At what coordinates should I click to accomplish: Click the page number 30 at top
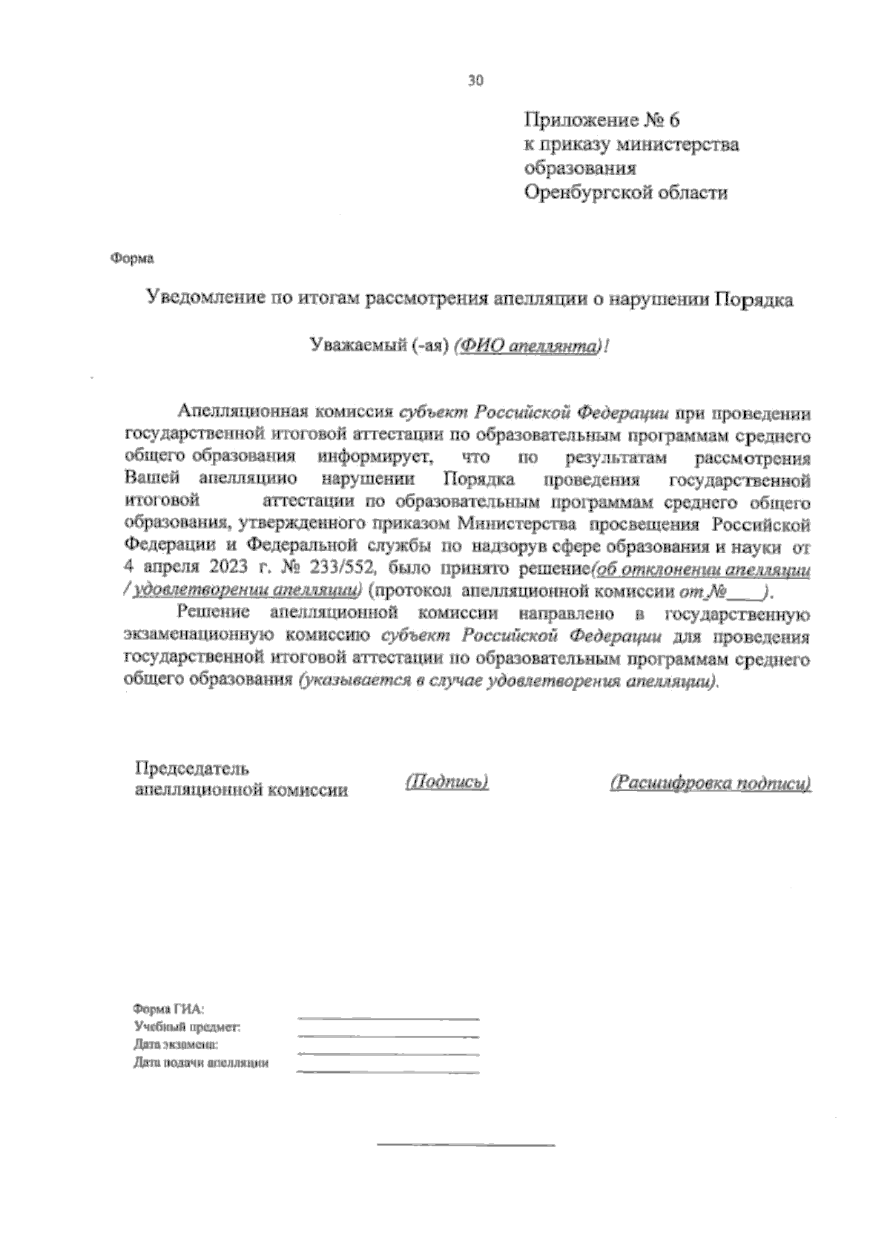(x=475, y=81)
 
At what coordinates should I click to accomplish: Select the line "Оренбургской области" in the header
(x=626, y=194)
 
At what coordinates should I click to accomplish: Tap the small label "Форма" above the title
(x=133, y=259)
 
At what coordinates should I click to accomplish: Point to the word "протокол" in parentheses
(x=415, y=592)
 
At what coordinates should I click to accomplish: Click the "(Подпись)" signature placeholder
(x=446, y=782)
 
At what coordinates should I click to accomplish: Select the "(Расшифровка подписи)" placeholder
(x=710, y=783)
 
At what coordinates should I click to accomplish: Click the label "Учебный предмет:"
(x=186, y=1028)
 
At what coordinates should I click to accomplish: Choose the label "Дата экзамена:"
(x=176, y=1045)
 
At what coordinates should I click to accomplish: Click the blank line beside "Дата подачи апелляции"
(x=387, y=1071)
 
